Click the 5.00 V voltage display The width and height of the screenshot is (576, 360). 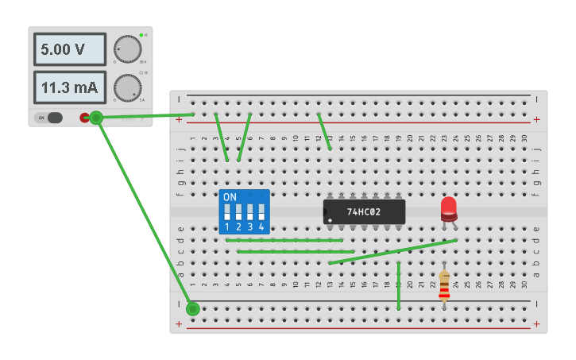pos(69,49)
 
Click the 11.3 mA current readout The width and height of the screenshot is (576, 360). pos(69,87)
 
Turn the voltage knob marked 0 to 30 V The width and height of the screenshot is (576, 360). pos(127,49)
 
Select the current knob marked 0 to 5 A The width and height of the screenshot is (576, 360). pos(127,87)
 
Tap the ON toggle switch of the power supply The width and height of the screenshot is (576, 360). pos(50,118)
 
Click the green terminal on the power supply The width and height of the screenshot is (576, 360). pos(96,118)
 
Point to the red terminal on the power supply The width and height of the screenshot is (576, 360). pos(84,118)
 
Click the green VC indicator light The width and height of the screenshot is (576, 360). pos(141,35)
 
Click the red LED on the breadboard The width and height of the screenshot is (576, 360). pos(449,208)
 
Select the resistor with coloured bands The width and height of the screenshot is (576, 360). pos(444,285)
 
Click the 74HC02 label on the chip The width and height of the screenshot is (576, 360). pos(365,212)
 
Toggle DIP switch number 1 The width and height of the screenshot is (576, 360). pos(227,213)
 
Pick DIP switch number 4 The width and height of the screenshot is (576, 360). pos(261,213)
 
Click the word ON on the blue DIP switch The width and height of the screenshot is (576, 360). pos(230,196)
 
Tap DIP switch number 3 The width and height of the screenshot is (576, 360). pos(250,213)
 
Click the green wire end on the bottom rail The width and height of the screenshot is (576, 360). pos(192,308)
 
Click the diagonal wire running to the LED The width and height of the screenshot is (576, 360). pos(393,251)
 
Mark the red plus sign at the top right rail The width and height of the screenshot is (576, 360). pos(537,119)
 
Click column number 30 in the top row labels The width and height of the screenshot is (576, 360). pos(525,138)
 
